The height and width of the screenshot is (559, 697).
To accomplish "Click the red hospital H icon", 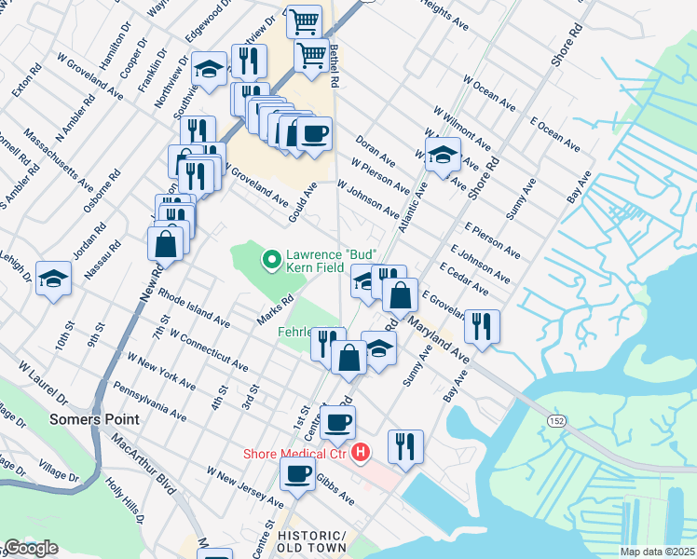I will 361,454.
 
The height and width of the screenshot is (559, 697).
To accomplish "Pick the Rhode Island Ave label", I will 194,307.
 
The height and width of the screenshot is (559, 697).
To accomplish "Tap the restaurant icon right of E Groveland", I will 482,325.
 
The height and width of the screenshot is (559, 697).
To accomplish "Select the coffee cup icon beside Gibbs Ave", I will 298,473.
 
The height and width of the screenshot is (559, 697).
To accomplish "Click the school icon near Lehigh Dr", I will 53,277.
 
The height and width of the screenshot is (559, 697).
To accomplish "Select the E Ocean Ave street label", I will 555,135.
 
